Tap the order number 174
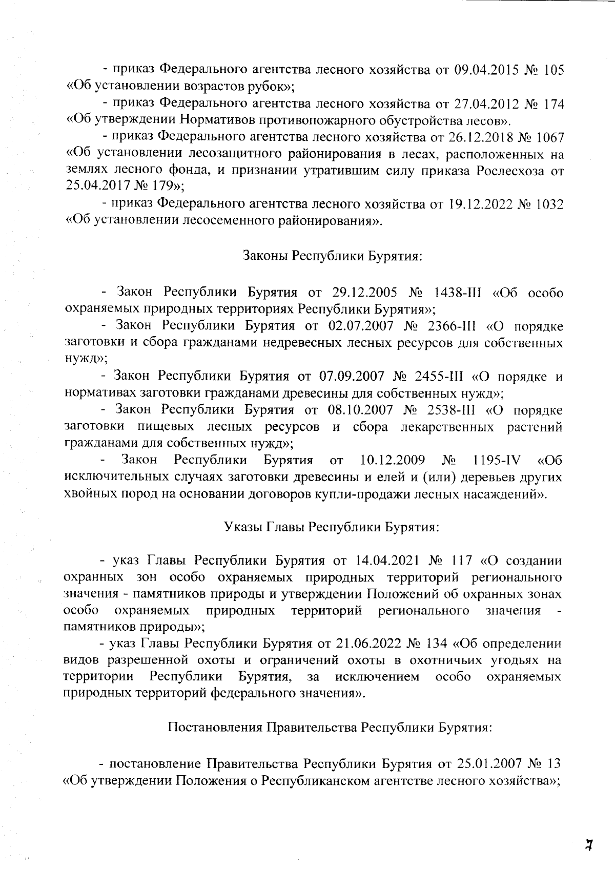(554, 104)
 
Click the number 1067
(548, 137)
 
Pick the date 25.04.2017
(95, 188)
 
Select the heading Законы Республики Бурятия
(332, 256)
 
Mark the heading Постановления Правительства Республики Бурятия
(331, 728)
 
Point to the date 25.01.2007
(485, 764)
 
